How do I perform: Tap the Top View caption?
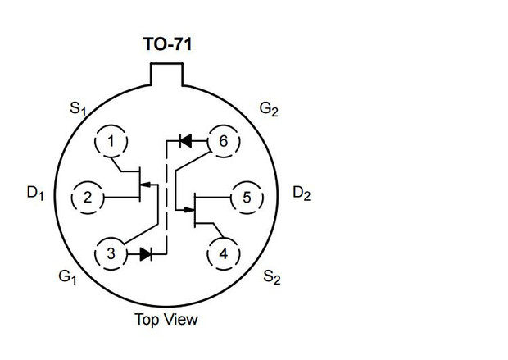166,319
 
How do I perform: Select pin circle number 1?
111,142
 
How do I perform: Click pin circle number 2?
88,197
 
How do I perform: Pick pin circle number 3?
111,253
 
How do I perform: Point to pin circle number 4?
224,253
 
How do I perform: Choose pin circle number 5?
247,197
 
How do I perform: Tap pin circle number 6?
223,142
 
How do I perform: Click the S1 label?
76,108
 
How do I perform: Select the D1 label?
34,194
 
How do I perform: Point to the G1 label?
66,278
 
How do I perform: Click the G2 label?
269,108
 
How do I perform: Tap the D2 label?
302,194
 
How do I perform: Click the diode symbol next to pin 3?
146,254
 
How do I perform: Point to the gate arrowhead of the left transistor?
144,188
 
